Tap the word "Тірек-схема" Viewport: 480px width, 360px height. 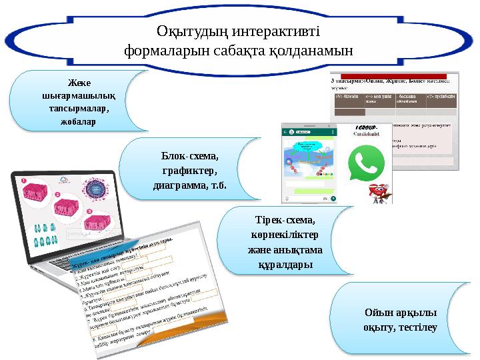pyautogui.click(x=286, y=220)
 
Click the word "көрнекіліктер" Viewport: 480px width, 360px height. pyautogui.click(x=285, y=235)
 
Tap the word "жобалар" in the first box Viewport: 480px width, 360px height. pyautogui.click(x=78, y=122)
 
